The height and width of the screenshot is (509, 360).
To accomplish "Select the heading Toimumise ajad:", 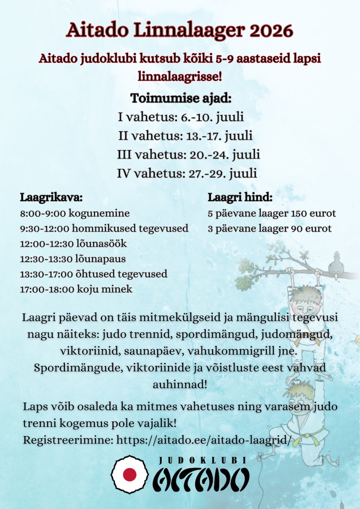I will point(181,98).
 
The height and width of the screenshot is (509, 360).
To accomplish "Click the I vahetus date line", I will point(181,117).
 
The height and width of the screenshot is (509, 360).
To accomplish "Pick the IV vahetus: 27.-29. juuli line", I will point(187,173).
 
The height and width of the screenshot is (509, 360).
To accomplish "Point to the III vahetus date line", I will point(188,155).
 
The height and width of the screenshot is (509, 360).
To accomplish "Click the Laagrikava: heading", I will point(51,198).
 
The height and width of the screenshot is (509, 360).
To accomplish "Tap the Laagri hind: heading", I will point(240,198).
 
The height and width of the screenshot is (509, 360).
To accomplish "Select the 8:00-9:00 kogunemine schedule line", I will point(75,213).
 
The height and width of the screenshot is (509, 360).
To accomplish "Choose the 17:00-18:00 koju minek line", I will point(76,289).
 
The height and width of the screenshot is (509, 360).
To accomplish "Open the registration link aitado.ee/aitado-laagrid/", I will point(204,440).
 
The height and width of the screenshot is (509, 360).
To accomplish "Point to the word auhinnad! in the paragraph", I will point(180,384).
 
